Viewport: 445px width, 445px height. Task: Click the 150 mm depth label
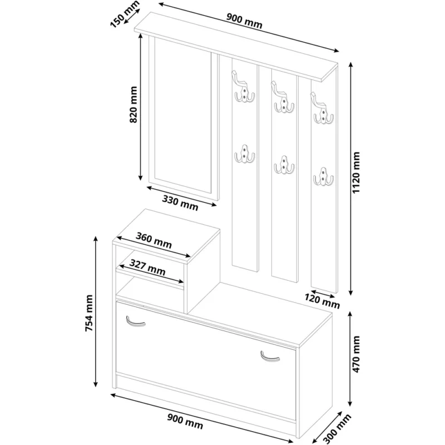pyautogui.click(x=125, y=14)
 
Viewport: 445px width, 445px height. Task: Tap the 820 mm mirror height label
pyautogui.click(x=133, y=105)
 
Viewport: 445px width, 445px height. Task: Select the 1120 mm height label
pyautogui.click(x=355, y=172)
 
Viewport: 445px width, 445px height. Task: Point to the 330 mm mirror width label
pyautogui.click(x=180, y=202)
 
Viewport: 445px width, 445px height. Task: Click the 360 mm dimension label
pyautogui.click(x=154, y=240)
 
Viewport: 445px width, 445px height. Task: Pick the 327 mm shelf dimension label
pyautogui.click(x=147, y=268)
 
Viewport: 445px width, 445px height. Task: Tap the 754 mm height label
pyautogui.click(x=89, y=313)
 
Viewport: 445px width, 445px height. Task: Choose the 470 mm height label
pyautogui.click(x=355, y=354)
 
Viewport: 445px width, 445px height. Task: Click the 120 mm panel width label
pyautogui.click(x=322, y=301)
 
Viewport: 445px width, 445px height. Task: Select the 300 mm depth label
pyautogui.click(x=338, y=429)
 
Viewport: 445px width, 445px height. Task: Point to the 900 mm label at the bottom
pyautogui.click(x=185, y=421)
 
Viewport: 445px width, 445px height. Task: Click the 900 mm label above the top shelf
pyautogui.click(x=244, y=21)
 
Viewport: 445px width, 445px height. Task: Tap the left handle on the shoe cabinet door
pyautogui.click(x=135, y=322)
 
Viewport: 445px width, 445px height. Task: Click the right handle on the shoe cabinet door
pyautogui.click(x=270, y=357)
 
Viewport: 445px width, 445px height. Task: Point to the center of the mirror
pyautogui.click(x=183, y=115)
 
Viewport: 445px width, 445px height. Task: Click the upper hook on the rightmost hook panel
pyautogui.click(x=323, y=108)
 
